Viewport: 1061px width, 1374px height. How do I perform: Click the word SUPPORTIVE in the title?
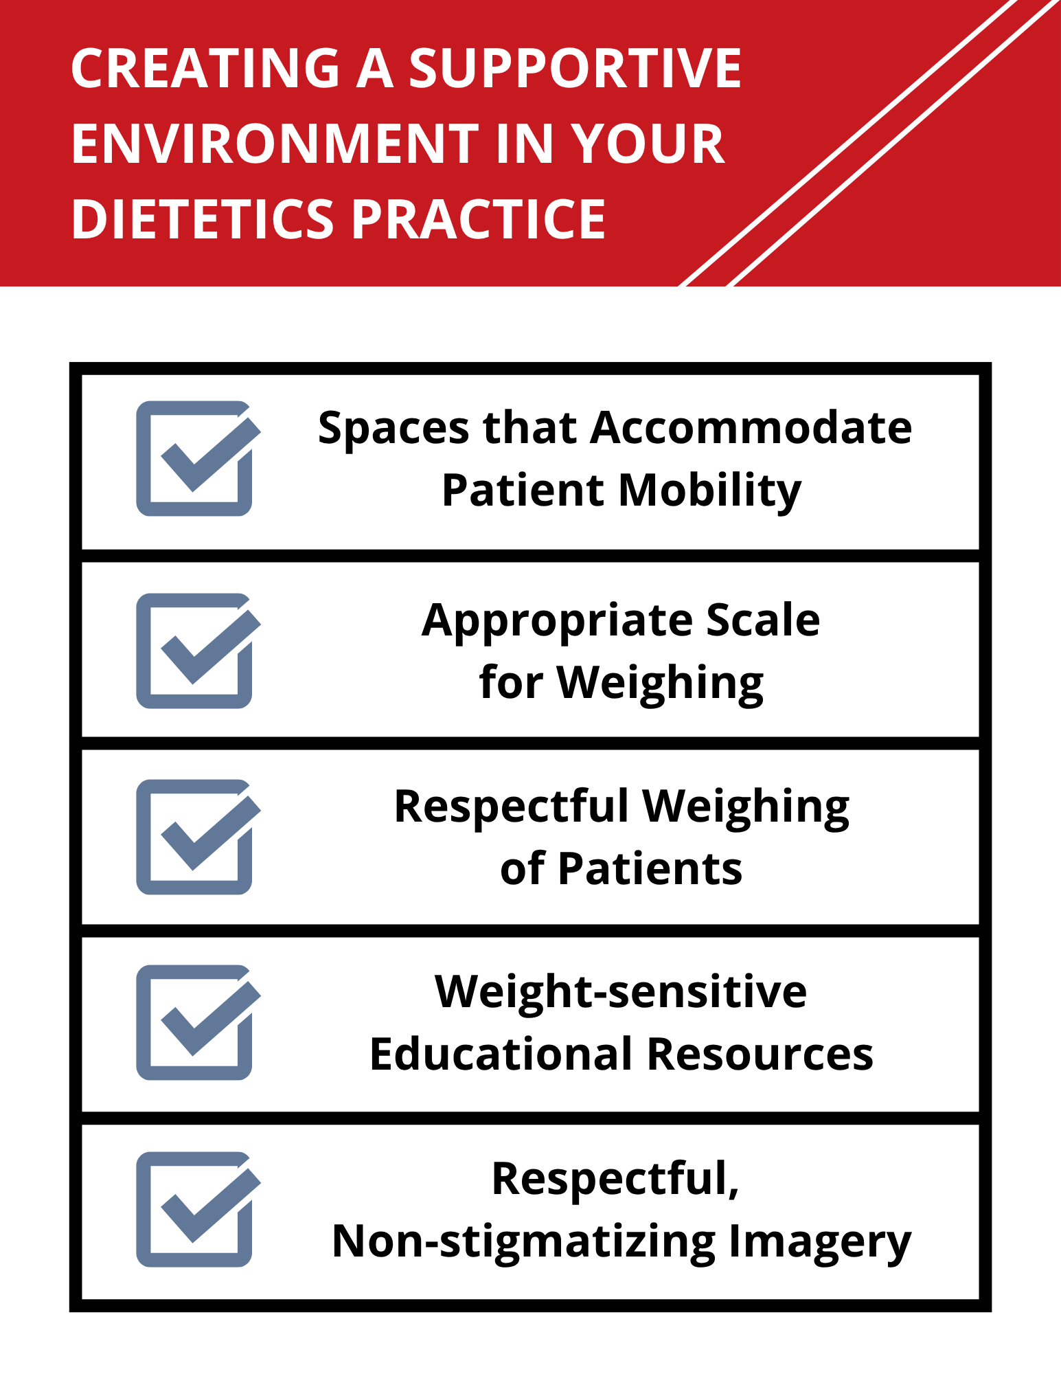click(x=575, y=69)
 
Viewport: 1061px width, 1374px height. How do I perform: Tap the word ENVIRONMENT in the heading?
click(x=275, y=144)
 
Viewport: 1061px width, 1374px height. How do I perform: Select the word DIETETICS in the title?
click(x=203, y=220)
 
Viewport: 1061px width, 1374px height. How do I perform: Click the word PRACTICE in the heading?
click(x=479, y=220)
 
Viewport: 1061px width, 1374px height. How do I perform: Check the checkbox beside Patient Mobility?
click(x=195, y=458)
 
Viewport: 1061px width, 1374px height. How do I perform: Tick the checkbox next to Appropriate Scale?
click(x=195, y=651)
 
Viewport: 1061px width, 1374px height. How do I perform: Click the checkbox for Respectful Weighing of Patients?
click(x=195, y=837)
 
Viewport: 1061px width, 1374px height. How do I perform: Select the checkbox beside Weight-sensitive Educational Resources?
click(x=195, y=1022)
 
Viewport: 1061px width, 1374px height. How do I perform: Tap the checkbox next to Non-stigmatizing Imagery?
click(x=195, y=1209)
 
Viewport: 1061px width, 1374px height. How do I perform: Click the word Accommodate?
click(x=751, y=428)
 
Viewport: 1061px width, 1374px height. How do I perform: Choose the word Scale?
click(x=762, y=620)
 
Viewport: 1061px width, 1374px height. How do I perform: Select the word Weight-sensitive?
click(x=621, y=993)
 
